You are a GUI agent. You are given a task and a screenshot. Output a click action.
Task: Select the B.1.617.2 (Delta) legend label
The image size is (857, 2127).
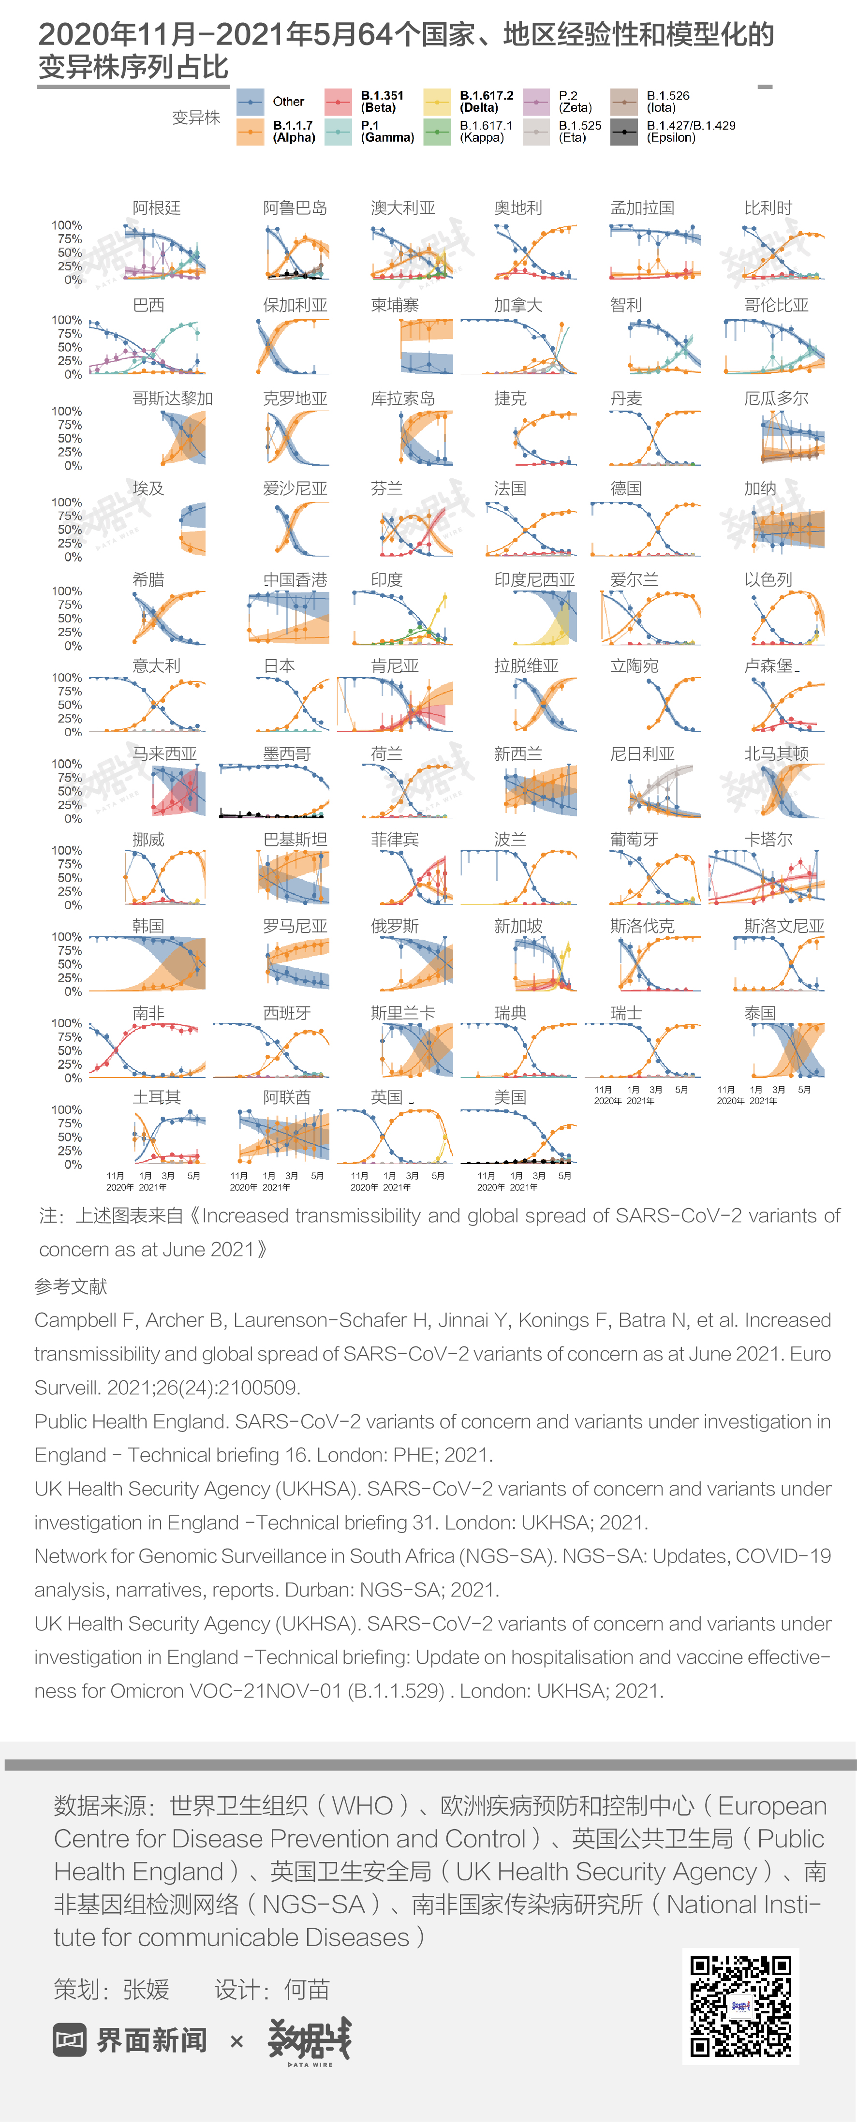486,102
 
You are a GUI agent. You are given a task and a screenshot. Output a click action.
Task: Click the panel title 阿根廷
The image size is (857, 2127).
156,208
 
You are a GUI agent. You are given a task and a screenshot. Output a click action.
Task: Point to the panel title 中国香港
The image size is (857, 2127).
295,580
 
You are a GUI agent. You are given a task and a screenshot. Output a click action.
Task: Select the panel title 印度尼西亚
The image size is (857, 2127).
534,580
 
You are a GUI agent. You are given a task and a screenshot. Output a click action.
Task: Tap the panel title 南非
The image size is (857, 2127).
148,1013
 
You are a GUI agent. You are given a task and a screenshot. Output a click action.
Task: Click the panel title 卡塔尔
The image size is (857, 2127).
768,840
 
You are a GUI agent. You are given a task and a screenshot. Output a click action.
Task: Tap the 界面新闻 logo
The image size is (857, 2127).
131,2040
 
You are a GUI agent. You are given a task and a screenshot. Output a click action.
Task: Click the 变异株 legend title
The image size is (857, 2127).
196,117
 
